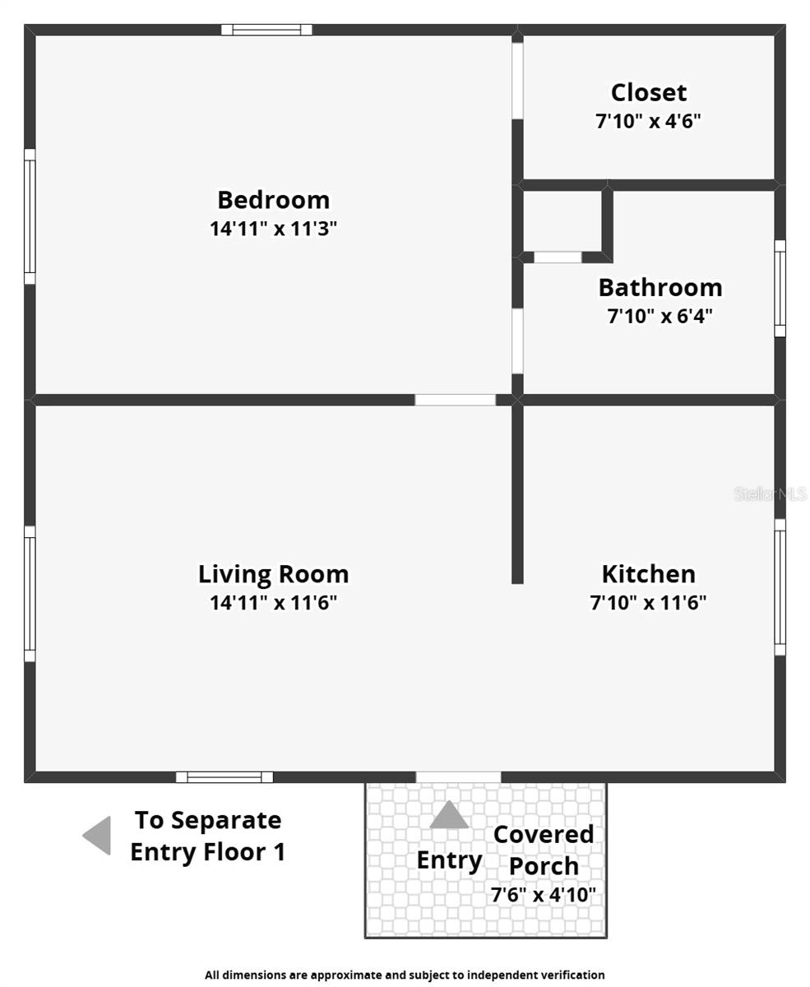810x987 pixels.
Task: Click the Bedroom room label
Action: (273, 200)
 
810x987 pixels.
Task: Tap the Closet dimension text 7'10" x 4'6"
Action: (648, 122)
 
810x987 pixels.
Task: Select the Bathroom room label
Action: (660, 287)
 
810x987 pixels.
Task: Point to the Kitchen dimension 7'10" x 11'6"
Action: (648, 603)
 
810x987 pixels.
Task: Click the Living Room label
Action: (273, 573)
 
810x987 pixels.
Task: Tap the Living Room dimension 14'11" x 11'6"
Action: (273, 603)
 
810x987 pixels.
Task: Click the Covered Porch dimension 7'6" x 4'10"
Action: (543, 895)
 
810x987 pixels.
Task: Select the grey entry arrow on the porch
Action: (449, 815)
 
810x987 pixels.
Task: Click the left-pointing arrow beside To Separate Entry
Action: (97, 836)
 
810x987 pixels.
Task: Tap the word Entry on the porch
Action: (449, 860)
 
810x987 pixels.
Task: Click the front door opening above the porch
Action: (458, 777)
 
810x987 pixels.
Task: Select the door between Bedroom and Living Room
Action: (455, 400)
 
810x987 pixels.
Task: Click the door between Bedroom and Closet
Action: (517, 80)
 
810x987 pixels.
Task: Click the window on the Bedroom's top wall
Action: (266, 30)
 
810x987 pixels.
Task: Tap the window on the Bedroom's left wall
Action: (30, 216)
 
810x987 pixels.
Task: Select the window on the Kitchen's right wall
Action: (780, 586)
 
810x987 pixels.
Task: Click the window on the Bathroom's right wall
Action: (780, 288)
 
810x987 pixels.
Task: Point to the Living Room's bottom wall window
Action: (224, 777)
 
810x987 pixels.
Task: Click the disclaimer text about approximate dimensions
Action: (405, 975)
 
